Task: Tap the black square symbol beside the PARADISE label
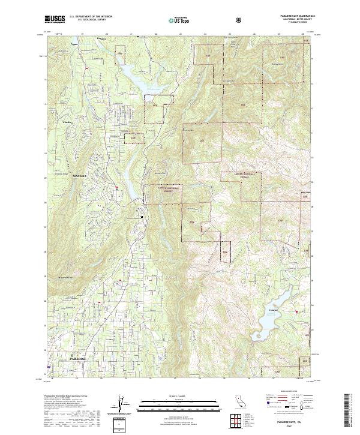[x=73, y=355]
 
